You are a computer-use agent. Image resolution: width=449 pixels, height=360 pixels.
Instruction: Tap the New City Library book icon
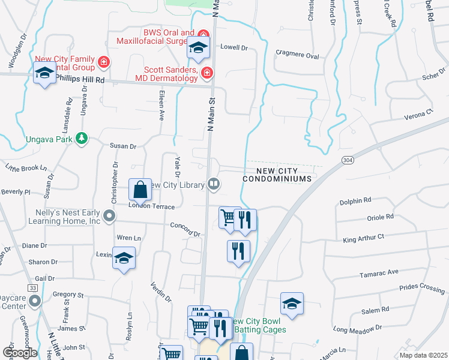(213, 184)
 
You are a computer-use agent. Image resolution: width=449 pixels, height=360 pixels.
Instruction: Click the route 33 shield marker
(32, 289)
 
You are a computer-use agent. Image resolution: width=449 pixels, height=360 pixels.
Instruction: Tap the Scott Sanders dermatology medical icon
(207, 73)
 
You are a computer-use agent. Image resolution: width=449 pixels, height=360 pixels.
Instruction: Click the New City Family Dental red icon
(104, 61)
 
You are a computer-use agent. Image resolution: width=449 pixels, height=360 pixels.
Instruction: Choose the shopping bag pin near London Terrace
(140, 191)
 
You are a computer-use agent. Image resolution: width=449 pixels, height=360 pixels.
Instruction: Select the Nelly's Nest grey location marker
(109, 215)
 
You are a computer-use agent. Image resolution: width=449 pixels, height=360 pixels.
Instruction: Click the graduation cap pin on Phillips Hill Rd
(45, 74)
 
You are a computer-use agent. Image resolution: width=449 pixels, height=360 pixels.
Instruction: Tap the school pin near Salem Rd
(292, 304)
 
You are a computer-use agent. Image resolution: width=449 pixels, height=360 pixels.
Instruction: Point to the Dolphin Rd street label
(355, 200)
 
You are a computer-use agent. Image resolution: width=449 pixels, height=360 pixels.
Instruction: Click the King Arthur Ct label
(363, 238)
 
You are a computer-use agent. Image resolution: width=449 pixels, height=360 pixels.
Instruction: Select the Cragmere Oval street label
(297, 55)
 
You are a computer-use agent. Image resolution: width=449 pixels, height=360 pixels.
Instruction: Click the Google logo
(20, 352)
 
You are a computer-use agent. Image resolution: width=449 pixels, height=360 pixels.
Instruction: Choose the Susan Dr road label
(123, 146)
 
